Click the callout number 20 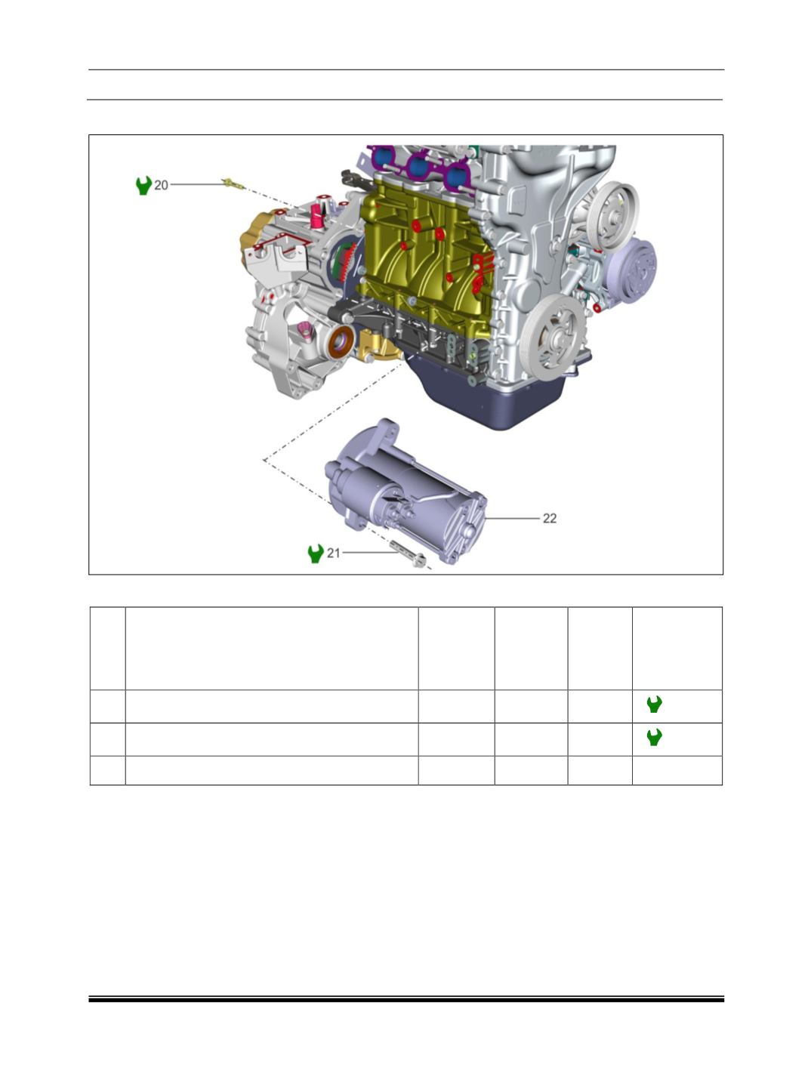(x=161, y=185)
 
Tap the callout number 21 (x=333, y=553)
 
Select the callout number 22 (x=550, y=518)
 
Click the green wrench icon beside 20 (x=143, y=185)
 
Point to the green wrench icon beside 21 (x=316, y=553)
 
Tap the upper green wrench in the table (x=654, y=704)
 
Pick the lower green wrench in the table (x=654, y=737)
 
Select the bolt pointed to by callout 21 (x=409, y=553)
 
